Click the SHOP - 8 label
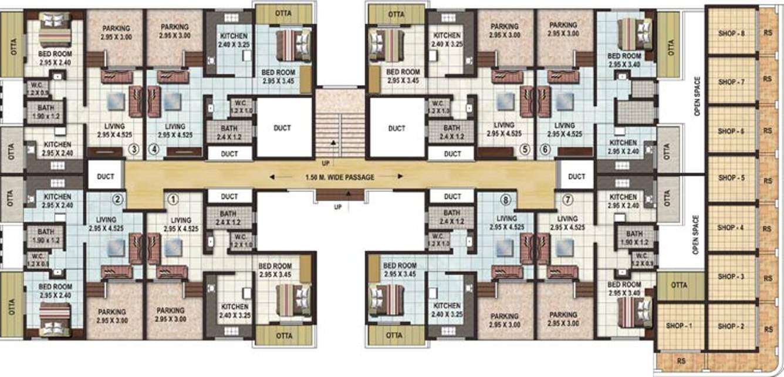pos(731,33)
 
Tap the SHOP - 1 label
pos(680,326)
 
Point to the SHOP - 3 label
pos(731,276)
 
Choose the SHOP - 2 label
pos(731,326)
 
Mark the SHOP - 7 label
pos(731,82)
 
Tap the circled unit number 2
pos(118,199)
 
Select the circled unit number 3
pos(134,150)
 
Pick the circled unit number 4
pos(154,150)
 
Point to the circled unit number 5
pos(525,150)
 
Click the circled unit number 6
pos(545,150)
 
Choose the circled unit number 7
pos(567,199)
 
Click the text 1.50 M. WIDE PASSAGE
pos(340,177)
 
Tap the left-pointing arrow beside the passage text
pos(279,176)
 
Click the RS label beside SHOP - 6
pos(767,130)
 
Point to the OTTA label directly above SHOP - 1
pos(680,285)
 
